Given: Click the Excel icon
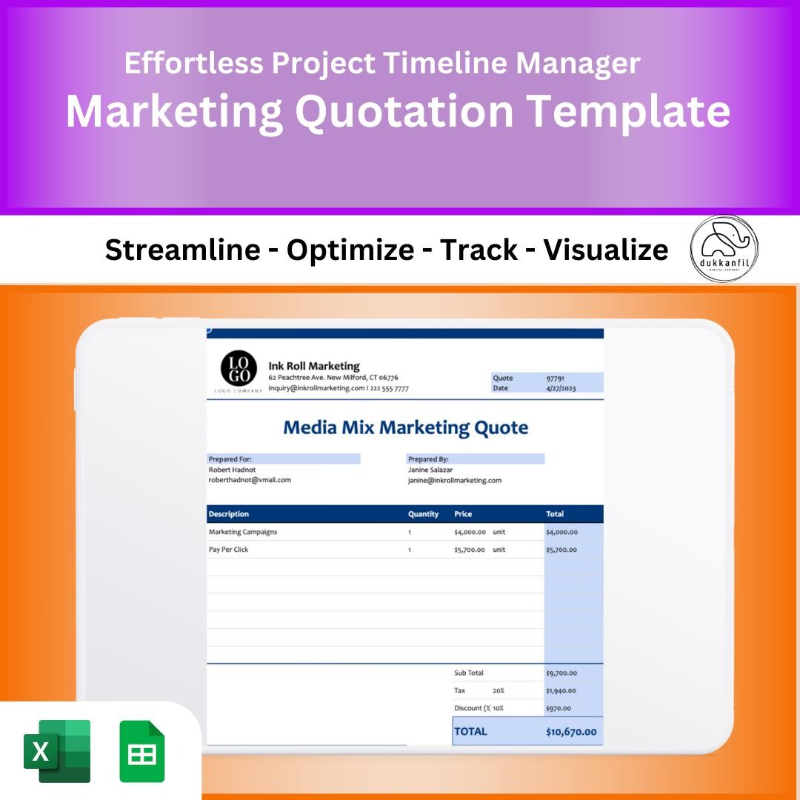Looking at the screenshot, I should pyautogui.click(x=57, y=751).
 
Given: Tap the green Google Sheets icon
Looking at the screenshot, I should pyautogui.click(x=141, y=751).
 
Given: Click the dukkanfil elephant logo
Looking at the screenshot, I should pyautogui.click(x=724, y=249).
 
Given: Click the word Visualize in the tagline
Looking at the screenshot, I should pyautogui.click(x=605, y=250).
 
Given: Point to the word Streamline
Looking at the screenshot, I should pyautogui.click(x=182, y=250).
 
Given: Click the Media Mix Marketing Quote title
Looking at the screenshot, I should pyautogui.click(x=405, y=427).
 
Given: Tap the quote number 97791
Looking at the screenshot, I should pyautogui.click(x=556, y=378).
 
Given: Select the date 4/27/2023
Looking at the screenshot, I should pyautogui.click(x=560, y=388).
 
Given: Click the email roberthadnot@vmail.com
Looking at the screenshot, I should pyautogui.click(x=250, y=480).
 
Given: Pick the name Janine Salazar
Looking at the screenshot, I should pyautogui.click(x=430, y=470).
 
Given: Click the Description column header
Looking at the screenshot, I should pyautogui.click(x=229, y=514).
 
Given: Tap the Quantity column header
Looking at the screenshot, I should pyautogui.click(x=423, y=514).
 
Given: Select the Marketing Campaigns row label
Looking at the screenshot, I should pyautogui.click(x=243, y=532).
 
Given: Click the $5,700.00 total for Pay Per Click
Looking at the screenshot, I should pyautogui.click(x=561, y=550).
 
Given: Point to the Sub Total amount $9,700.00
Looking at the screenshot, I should pyautogui.click(x=561, y=673).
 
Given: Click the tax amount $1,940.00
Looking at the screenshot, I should pyautogui.click(x=561, y=691).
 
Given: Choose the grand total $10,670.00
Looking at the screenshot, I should pyautogui.click(x=570, y=733).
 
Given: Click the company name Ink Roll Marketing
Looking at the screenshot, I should pyautogui.click(x=313, y=366).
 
